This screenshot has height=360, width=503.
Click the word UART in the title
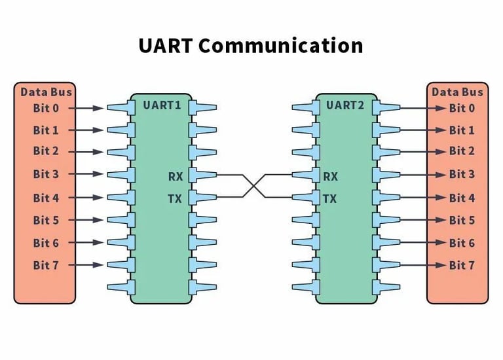(x=165, y=46)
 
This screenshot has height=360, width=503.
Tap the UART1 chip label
(x=162, y=105)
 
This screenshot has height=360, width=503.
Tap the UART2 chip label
(x=345, y=105)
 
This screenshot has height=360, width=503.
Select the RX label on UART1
(x=175, y=175)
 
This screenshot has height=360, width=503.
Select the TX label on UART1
(x=175, y=198)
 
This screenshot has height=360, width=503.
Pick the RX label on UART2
(x=331, y=175)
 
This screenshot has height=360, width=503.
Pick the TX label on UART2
(x=330, y=198)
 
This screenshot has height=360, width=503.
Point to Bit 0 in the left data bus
(x=46, y=108)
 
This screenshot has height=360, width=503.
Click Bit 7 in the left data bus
(x=46, y=265)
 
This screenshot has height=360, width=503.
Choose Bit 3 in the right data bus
(x=462, y=175)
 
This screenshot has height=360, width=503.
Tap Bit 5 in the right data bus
(x=462, y=221)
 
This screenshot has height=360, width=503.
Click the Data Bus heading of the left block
(x=46, y=92)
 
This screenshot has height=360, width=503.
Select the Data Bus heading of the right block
(x=457, y=92)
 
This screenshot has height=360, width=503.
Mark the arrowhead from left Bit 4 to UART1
(x=98, y=198)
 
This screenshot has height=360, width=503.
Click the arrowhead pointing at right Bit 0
(x=441, y=108)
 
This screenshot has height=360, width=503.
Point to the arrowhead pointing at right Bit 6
(x=441, y=243)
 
